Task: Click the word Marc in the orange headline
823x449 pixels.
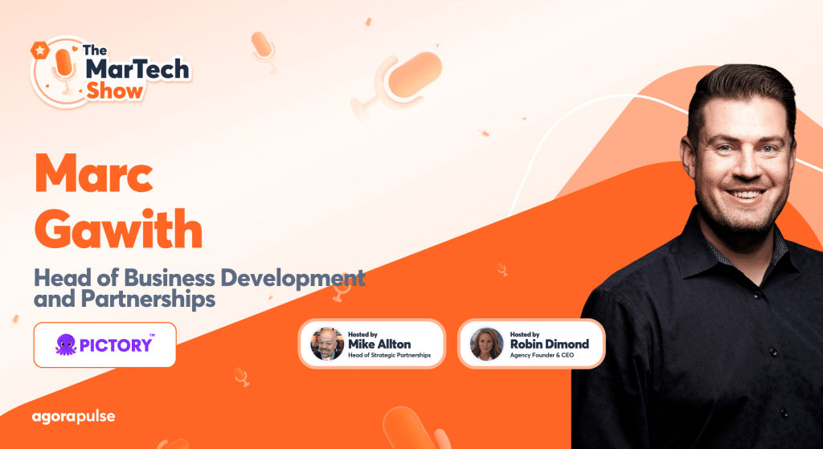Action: coord(94,173)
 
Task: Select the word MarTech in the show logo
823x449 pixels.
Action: coord(137,70)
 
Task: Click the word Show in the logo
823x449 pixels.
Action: coord(114,92)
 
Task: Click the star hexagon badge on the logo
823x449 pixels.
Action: coord(39,51)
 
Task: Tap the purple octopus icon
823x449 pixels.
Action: coord(66,345)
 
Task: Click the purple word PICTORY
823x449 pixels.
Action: coord(116,345)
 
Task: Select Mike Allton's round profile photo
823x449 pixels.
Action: coord(327,344)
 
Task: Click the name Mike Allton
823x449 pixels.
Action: coord(379,344)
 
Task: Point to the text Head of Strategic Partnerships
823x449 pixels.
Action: coord(389,355)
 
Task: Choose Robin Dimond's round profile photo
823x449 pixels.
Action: coord(486,344)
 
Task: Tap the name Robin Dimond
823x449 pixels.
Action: coord(550,344)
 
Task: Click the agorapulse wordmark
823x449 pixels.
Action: coord(73,418)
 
